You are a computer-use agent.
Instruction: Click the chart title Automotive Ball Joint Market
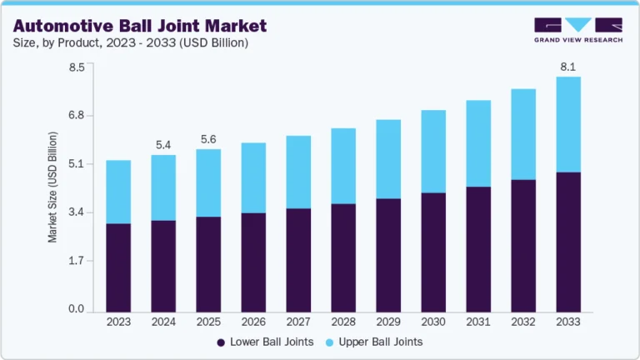pos(139,25)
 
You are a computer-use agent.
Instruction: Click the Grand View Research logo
pos(577,29)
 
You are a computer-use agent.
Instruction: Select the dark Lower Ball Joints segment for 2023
pos(118,267)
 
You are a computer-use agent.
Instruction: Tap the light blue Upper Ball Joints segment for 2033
pos(568,124)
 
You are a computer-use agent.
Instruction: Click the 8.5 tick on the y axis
pos(76,67)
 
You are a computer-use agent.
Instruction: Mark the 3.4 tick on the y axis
pos(76,212)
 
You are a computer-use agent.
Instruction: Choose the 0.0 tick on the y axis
pos(76,310)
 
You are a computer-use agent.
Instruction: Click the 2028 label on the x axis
pos(343,322)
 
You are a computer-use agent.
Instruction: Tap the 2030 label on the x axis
pos(433,322)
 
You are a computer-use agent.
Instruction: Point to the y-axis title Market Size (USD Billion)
pos(52,187)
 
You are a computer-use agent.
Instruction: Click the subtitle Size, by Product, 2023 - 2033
pos(130,42)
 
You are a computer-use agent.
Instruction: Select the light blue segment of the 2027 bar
pos(298,172)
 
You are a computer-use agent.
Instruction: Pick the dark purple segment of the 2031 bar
pos(478,249)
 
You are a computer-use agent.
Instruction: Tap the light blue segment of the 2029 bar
pos(388,159)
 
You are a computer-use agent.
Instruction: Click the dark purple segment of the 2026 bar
pos(253,262)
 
